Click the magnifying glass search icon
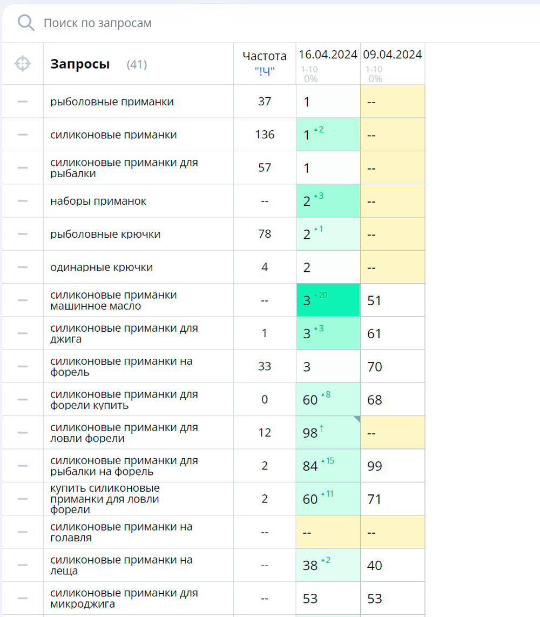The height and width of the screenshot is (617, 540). [26, 23]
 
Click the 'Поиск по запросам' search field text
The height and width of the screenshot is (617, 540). [98, 23]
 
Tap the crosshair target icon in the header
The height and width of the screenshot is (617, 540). [23, 64]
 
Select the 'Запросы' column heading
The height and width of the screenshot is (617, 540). [80, 64]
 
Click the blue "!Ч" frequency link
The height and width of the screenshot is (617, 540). [265, 71]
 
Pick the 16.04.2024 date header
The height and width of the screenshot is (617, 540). [328, 55]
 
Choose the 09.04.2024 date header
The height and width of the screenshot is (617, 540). [393, 55]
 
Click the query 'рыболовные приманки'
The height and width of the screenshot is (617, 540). [112, 102]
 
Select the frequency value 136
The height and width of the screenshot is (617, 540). [265, 135]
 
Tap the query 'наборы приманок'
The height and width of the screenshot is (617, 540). [98, 201]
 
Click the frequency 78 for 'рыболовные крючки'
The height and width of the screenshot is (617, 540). [265, 234]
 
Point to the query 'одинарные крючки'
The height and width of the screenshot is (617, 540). [102, 267]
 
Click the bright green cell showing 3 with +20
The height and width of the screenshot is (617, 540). [328, 300]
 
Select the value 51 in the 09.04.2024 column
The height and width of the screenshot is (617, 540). [374, 300]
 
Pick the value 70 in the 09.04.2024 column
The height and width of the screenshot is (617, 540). [374, 367]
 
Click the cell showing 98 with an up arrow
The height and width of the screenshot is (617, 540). [328, 432]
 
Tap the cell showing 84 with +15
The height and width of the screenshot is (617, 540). [328, 466]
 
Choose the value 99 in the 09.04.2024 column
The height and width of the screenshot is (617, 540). [374, 466]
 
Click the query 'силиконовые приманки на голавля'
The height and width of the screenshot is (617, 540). [122, 532]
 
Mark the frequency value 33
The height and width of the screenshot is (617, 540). [265, 366]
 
